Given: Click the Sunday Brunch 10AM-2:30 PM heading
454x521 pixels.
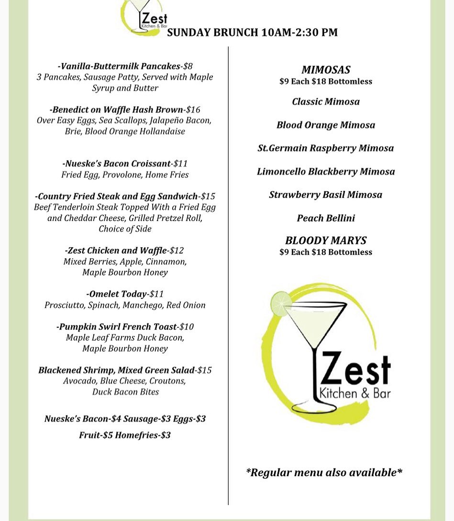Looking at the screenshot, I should [252, 33].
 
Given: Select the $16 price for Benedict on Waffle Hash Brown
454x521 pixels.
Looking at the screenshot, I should [193, 110].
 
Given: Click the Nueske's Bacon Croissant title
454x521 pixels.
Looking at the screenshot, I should [116, 164].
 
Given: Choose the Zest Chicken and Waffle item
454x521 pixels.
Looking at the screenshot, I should [117, 250].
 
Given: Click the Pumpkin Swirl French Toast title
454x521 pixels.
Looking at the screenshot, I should [117, 327].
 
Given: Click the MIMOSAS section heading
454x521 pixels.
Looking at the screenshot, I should [326, 70].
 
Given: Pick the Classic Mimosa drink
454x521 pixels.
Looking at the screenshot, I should [326, 101].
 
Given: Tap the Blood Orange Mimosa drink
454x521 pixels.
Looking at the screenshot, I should [326, 125].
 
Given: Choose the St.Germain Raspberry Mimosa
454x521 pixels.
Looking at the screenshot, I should [326, 148].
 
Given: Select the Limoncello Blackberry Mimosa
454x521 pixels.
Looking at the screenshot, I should [326, 171].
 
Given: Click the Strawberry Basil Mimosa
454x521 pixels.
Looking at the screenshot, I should [326, 195].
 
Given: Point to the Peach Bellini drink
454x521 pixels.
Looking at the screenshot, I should [326, 218].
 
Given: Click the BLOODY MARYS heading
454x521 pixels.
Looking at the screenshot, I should [326, 240].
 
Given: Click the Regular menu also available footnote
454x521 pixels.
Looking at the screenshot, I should [324, 473].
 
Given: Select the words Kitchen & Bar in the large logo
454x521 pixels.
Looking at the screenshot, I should [354, 393].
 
